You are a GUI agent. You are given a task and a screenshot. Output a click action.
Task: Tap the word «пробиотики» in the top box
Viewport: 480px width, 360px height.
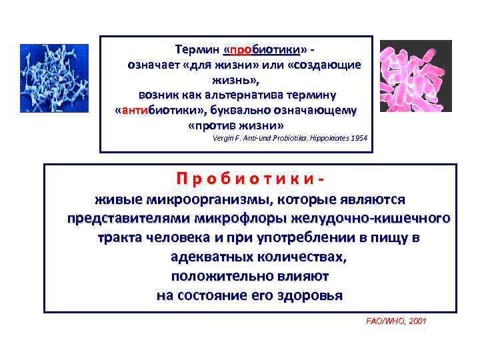coord(265,51)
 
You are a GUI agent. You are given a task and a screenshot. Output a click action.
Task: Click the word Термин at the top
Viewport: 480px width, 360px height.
coord(197,51)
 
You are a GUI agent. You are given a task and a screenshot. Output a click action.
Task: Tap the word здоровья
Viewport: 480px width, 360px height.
coord(306,295)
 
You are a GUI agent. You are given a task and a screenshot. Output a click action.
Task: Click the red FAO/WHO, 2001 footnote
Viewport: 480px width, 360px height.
coord(396,321)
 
